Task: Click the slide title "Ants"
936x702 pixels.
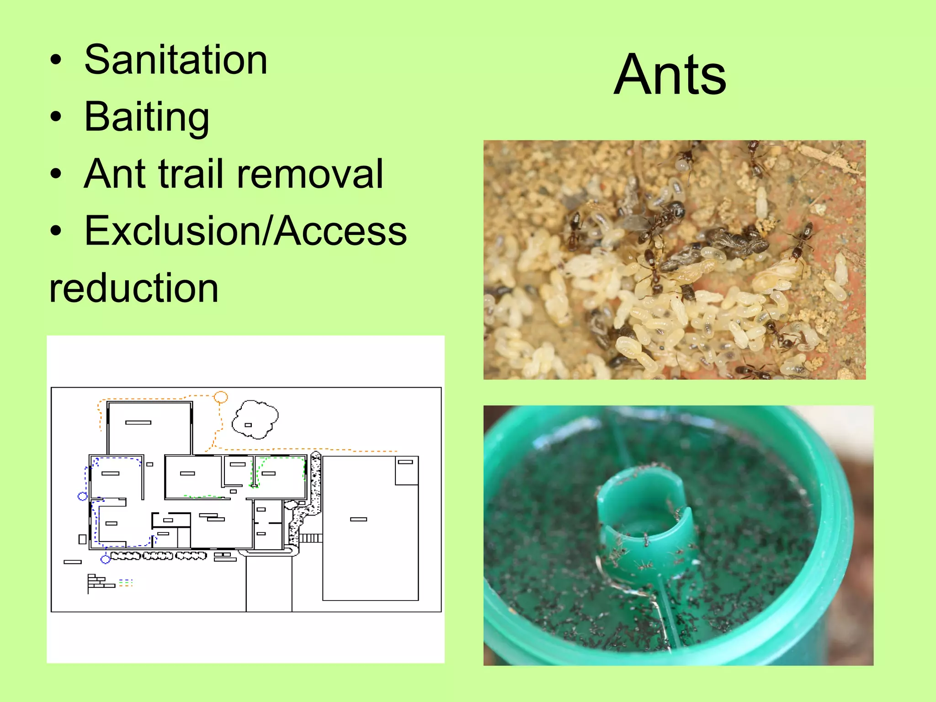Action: [x=670, y=74]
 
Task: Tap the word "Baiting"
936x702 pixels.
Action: [x=147, y=117]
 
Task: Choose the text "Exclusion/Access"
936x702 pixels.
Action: [x=245, y=231]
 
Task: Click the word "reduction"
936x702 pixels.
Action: [x=133, y=288]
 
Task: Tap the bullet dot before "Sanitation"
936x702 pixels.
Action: [x=56, y=61]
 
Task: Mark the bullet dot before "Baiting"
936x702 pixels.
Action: [x=56, y=118]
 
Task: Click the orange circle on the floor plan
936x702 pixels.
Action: [x=221, y=397]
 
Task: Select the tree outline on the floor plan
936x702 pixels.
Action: [x=255, y=419]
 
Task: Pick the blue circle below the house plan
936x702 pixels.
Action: [x=106, y=558]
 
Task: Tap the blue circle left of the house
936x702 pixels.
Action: [x=82, y=496]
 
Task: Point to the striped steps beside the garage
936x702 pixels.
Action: [x=311, y=538]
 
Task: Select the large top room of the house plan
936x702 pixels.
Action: [x=149, y=428]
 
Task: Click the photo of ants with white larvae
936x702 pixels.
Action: [x=674, y=260]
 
